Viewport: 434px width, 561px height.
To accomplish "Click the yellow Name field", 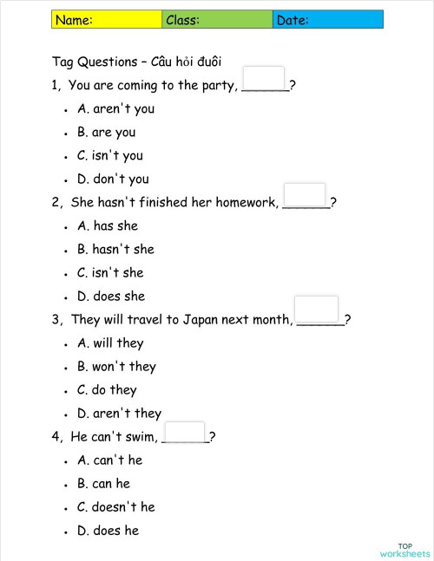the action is pyautogui.click(x=107, y=20).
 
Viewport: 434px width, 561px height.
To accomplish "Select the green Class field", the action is pyautogui.click(x=217, y=20).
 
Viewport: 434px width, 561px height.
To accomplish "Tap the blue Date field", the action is pyautogui.click(x=327, y=20).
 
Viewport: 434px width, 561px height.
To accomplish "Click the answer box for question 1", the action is pyautogui.click(x=264, y=78).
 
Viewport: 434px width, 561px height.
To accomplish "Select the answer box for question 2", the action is pyautogui.click(x=305, y=195).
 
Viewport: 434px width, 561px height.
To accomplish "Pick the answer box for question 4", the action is pyautogui.click(x=184, y=432).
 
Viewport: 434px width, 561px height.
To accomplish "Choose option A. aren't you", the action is pyautogui.click(x=115, y=109).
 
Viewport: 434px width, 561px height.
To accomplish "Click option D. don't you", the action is pyautogui.click(x=113, y=179).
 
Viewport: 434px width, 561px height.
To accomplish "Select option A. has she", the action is pyautogui.click(x=108, y=226).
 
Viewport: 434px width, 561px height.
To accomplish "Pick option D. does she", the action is pyautogui.click(x=111, y=297).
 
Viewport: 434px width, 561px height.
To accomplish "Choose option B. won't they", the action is pyautogui.click(x=116, y=367).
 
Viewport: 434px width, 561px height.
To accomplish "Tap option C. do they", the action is pyautogui.click(x=107, y=390).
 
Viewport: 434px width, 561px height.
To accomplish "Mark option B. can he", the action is pyautogui.click(x=103, y=484).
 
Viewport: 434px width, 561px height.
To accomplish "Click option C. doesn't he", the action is pyautogui.click(x=115, y=507).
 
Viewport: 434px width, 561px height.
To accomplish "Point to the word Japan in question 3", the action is pyautogui.click(x=200, y=320).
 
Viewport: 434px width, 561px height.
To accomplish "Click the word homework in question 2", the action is pyautogui.click(x=247, y=203).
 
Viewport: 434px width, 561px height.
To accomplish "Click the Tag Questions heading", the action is pyautogui.click(x=137, y=62).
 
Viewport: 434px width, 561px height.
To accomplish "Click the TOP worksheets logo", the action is pyautogui.click(x=404, y=550).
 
